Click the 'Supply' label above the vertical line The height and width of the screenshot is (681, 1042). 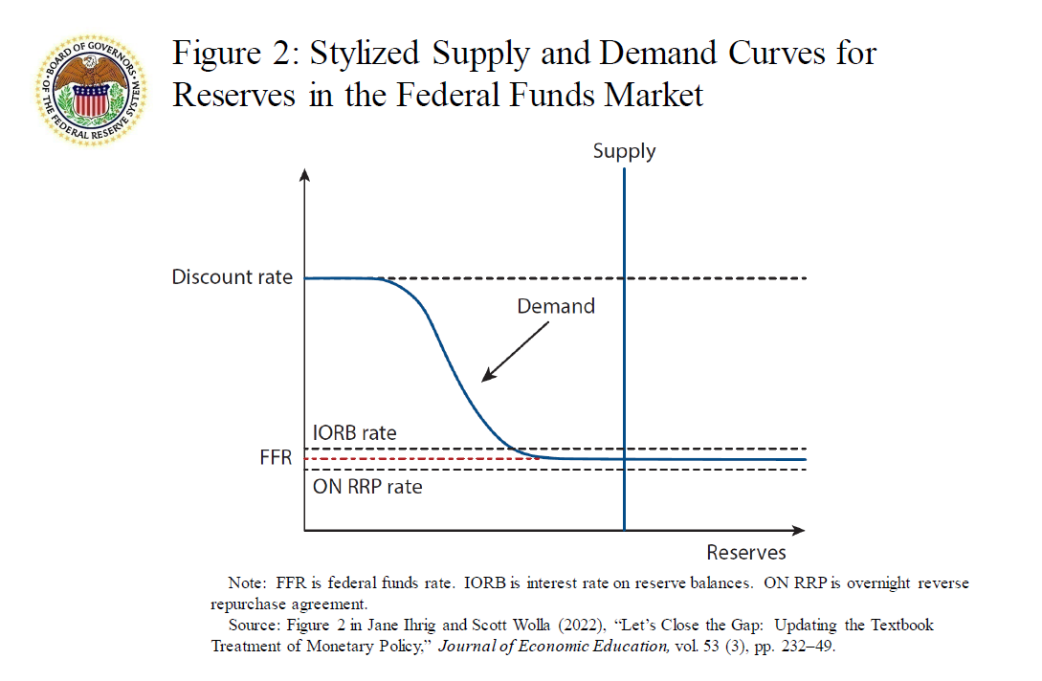click(x=624, y=151)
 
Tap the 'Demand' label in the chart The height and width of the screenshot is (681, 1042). click(x=556, y=306)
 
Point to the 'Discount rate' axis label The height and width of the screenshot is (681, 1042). click(x=232, y=277)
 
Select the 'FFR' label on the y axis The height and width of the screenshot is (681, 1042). click(x=276, y=458)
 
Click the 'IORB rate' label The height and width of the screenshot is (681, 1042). click(x=354, y=432)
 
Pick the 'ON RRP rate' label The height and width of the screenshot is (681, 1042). click(x=367, y=486)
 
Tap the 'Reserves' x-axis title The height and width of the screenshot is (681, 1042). click(x=746, y=552)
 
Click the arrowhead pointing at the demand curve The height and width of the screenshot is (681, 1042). click(x=486, y=377)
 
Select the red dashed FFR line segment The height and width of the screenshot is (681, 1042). click(x=421, y=459)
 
